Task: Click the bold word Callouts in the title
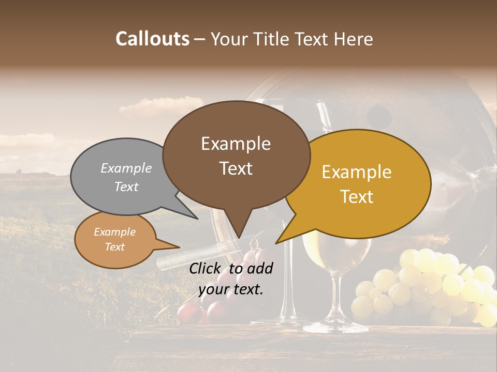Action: (152, 39)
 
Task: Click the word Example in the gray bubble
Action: (126, 168)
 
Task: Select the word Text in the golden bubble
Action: (357, 197)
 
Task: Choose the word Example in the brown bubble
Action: (236, 144)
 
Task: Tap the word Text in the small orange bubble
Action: (115, 247)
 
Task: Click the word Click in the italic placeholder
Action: (206, 269)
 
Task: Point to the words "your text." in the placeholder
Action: (230, 289)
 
